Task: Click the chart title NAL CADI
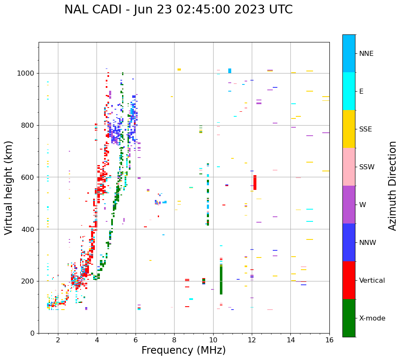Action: click(x=178, y=10)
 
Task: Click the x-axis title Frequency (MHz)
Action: click(x=183, y=350)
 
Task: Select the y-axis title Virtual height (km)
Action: click(x=9, y=187)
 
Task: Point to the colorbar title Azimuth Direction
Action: click(x=392, y=186)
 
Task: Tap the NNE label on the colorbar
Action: click(x=366, y=54)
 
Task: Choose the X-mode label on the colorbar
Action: click(x=372, y=318)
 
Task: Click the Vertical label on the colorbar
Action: click(x=372, y=281)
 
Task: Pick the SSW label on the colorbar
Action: click(x=367, y=167)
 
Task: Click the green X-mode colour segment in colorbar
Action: click(x=349, y=318)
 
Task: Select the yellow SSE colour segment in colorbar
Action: click(x=349, y=129)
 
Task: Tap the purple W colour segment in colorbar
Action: click(x=349, y=205)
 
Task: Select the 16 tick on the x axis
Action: click(x=329, y=339)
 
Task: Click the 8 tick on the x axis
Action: click(x=174, y=339)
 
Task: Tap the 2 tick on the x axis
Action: click(x=58, y=339)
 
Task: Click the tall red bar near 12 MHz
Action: click(x=255, y=182)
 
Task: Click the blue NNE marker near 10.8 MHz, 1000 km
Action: click(x=230, y=71)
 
